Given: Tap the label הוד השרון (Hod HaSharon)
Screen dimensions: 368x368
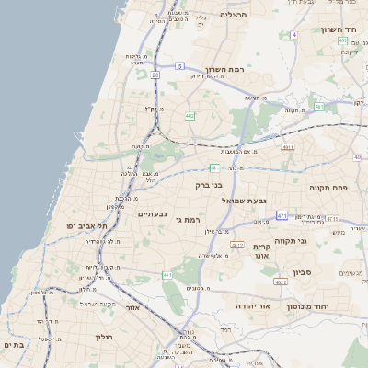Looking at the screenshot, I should point(338,30).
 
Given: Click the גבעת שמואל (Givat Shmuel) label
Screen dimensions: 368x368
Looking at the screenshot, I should point(244,200).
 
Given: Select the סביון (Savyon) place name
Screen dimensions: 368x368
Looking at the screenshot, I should point(304,273).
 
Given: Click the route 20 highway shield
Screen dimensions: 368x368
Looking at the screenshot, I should point(155,75).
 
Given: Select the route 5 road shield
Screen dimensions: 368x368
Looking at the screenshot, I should point(180,66).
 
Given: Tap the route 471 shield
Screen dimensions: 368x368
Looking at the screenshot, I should point(282,215).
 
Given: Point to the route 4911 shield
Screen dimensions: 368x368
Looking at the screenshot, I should point(288,146).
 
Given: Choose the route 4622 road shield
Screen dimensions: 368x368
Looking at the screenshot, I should point(236,245).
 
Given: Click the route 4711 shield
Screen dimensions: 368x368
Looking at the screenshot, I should point(332,218).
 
